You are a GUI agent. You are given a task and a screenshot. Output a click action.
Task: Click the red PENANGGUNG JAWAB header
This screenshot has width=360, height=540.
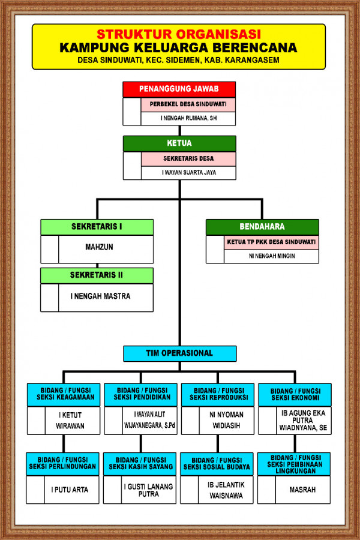click(x=179, y=89)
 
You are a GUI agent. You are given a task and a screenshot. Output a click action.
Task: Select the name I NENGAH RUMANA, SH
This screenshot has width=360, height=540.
click(x=188, y=118)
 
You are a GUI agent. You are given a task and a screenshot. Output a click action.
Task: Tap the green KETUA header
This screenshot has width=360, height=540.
click(x=179, y=143)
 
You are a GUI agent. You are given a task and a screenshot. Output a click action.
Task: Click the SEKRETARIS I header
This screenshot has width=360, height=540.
click(x=97, y=227)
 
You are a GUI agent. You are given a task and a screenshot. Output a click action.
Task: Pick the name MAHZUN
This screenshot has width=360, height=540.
click(x=99, y=247)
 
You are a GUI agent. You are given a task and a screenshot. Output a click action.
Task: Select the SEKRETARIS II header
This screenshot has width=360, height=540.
click(x=97, y=275)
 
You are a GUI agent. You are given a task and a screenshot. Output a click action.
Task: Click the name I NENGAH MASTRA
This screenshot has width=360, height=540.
click(x=100, y=296)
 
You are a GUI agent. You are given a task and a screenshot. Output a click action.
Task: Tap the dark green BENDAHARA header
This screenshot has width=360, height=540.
click(x=262, y=227)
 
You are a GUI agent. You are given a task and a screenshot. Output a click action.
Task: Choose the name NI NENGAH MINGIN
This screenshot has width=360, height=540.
click(x=271, y=256)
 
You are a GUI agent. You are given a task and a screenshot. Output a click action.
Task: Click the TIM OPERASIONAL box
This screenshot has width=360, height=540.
click(x=179, y=353)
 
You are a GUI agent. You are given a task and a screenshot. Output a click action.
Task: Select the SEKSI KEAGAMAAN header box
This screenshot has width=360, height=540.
click(x=64, y=394)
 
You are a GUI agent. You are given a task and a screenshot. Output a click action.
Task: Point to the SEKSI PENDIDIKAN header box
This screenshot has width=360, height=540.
click(x=140, y=394)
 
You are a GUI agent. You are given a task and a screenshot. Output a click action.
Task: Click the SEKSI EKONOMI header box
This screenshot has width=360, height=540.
click(x=294, y=394)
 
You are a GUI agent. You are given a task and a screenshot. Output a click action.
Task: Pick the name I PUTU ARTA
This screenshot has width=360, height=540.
click(x=70, y=490)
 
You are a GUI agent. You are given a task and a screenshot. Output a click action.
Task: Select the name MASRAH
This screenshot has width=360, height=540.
click(x=302, y=490)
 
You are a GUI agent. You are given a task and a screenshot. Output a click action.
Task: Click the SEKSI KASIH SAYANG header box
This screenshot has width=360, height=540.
click(x=140, y=463)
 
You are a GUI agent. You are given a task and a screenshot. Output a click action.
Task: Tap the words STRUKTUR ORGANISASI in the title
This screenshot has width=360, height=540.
click(x=179, y=34)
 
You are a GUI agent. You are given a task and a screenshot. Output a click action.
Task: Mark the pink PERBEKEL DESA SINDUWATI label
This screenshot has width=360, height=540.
click(x=188, y=104)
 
